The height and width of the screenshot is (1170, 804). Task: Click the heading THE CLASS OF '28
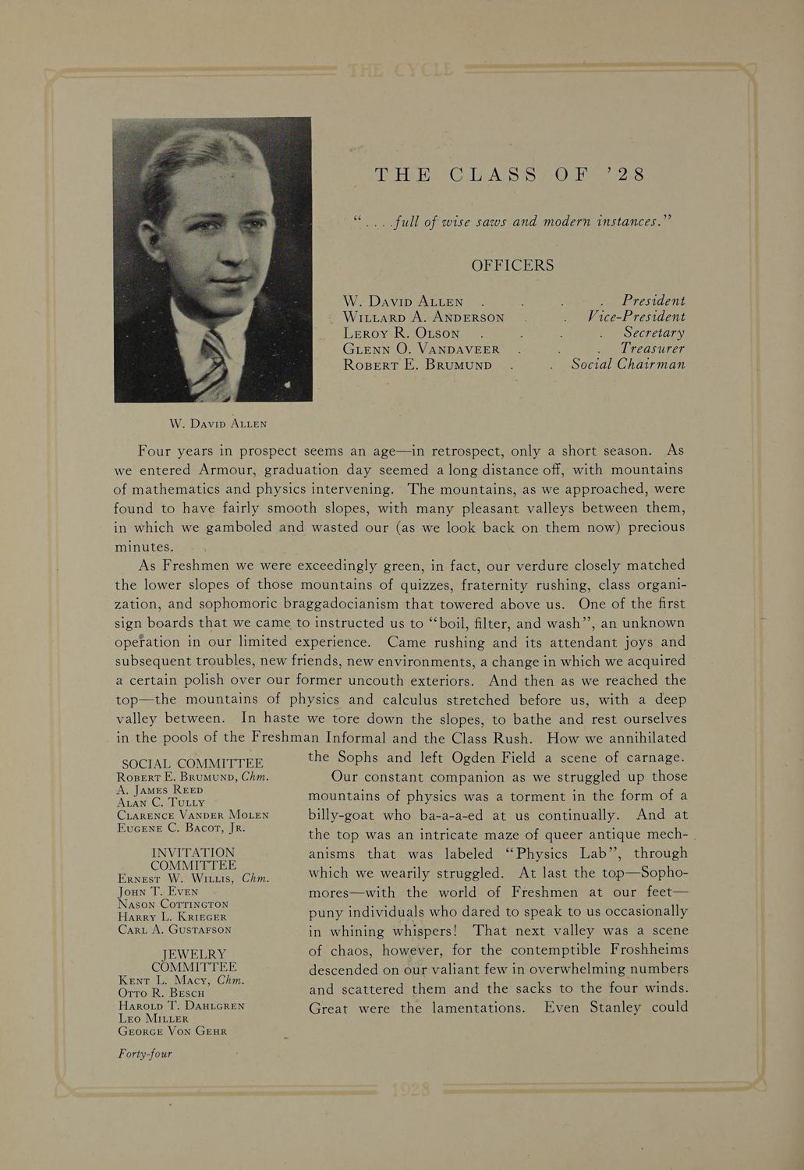pyautogui.click(x=510, y=175)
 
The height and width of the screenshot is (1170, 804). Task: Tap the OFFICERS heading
pyautogui.click(x=512, y=266)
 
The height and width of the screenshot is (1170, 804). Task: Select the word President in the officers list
pyautogui.click(x=653, y=301)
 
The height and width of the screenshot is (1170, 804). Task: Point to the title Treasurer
pyautogui.click(x=652, y=349)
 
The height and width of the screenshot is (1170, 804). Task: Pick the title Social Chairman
pyautogui.click(x=628, y=365)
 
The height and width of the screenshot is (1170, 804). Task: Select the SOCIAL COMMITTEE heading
pyautogui.click(x=193, y=764)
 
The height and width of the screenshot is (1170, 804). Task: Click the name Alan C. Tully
pyautogui.click(x=161, y=802)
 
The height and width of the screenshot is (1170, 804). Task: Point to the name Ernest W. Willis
pyautogui.click(x=178, y=878)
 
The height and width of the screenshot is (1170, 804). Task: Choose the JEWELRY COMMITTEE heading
pyautogui.click(x=193, y=960)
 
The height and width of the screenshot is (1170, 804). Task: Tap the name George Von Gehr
pyautogui.click(x=172, y=1031)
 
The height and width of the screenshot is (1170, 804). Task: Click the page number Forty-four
pyautogui.click(x=144, y=1055)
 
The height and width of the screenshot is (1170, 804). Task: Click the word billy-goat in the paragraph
pyautogui.click(x=346, y=816)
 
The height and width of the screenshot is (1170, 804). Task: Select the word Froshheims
pyautogui.click(x=639, y=950)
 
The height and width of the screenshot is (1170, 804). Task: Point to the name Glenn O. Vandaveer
pyautogui.click(x=421, y=349)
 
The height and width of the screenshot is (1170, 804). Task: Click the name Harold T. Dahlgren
pyautogui.click(x=181, y=1006)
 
